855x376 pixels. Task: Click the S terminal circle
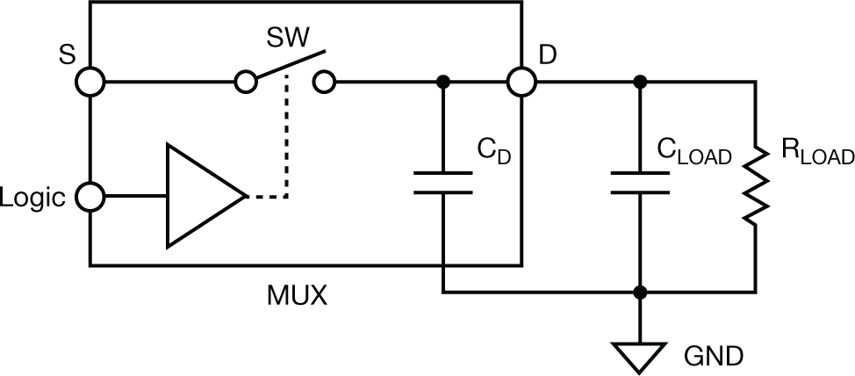click(90, 83)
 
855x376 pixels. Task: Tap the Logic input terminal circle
click(90, 197)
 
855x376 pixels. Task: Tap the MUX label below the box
click(297, 295)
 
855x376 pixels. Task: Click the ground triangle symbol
click(641, 353)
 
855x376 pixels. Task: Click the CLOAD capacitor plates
click(641, 183)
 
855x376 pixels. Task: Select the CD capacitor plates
click(443, 183)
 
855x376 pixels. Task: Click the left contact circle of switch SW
click(246, 83)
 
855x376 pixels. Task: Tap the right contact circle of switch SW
click(325, 83)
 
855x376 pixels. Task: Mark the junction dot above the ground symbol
click(641, 292)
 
